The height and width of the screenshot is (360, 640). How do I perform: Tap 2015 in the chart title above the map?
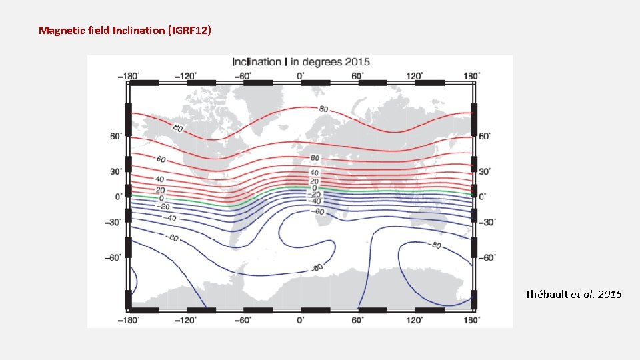tap(356, 62)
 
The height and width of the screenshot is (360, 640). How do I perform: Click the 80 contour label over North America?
tap(179, 128)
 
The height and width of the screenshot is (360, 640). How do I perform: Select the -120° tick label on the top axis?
tap(186, 75)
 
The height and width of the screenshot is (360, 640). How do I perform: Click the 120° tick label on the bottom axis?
tap(415, 320)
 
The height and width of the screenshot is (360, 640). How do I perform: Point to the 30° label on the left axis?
tap(116, 171)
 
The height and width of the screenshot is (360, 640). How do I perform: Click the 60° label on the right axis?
tap(485, 136)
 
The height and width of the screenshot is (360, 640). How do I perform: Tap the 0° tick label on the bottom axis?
tap(301, 320)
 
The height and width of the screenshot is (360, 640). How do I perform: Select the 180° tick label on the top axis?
tap(471, 75)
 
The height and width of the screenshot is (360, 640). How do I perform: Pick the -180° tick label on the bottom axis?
tap(129, 320)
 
